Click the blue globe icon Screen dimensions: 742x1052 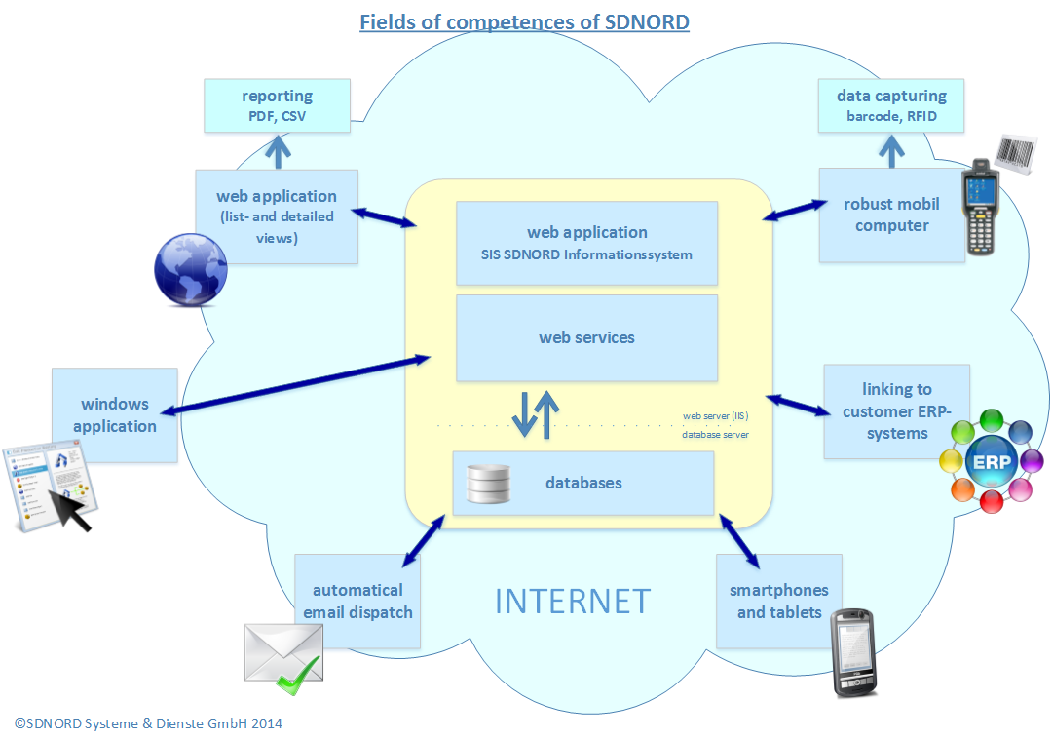coord(191,270)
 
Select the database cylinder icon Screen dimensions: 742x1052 coord(488,483)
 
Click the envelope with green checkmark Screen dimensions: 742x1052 coord(282,657)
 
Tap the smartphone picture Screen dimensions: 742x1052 coord(853,653)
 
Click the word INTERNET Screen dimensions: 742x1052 coord(572,601)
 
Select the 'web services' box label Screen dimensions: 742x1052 coord(586,337)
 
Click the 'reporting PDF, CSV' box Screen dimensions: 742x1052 coord(278,106)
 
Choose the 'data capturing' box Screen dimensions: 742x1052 coord(891,106)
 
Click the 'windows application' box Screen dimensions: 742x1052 coord(115,414)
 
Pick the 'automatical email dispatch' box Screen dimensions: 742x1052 coord(357,601)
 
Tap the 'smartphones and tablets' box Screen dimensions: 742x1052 coord(779,601)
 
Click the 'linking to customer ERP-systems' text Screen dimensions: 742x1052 coord(896,410)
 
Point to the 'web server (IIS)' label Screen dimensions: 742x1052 coord(716,415)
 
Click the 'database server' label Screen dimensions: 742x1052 coord(716,435)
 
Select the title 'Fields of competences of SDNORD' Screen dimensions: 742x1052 coord(524,21)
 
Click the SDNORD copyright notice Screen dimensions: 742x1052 coord(148,723)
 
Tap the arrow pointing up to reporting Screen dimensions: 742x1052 coord(280,150)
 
